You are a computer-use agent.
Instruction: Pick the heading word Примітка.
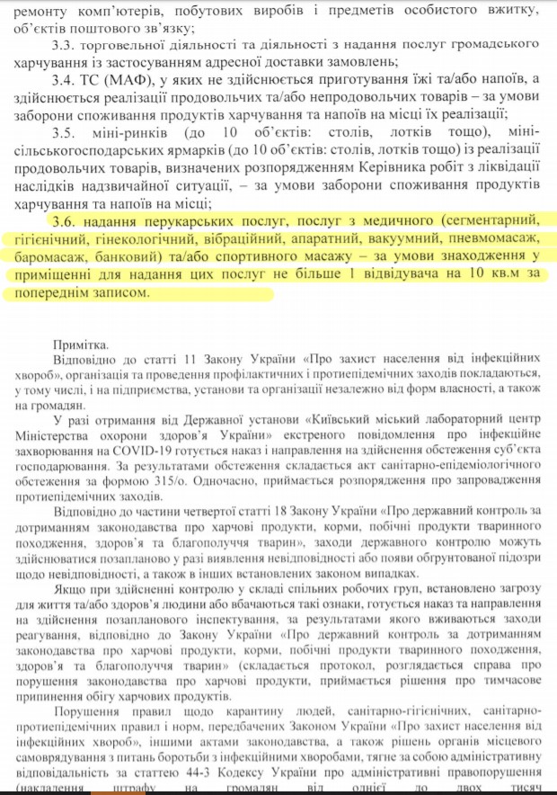[79, 344]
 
